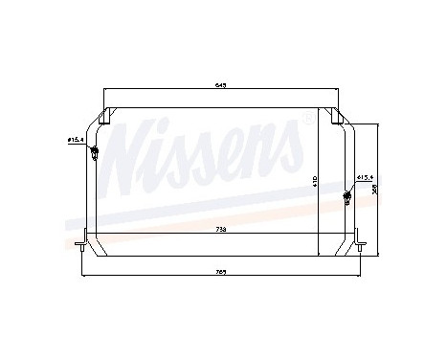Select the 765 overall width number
pyautogui.click(x=222, y=271)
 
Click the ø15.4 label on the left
pyautogui.click(x=77, y=141)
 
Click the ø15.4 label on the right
pyautogui.click(x=364, y=178)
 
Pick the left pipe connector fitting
pyautogui.click(x=94, y=154)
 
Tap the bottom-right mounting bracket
pyautogui.click(x=357, y=242)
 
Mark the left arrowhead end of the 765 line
pyautogui.click(x=83, y=277)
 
